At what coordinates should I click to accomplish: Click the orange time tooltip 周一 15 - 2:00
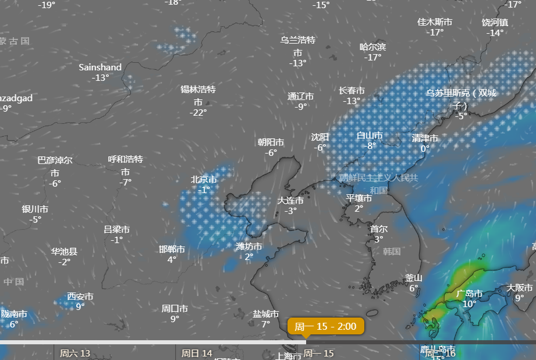click(x=325, y=326)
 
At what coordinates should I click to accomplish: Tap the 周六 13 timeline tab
click(x=75, y=353)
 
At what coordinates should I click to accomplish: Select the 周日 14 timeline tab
click(x=197, y=353)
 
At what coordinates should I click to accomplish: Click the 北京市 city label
click(x=204, y=180)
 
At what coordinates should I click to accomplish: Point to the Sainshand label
click(x=100, y=67)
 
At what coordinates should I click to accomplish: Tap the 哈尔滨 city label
click(x=372, y=47)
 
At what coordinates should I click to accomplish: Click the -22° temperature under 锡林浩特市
click(x=198, y=112)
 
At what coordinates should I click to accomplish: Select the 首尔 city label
click(x=378, y=229)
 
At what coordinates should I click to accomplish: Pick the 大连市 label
click(x=290, y=200)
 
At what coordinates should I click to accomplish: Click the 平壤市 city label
click(x=359, y=198)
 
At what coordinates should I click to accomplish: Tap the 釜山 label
click(x=414, y=277)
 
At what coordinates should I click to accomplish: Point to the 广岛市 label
click(x=469, y=293)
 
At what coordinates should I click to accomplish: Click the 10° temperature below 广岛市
click(x=469, y=304)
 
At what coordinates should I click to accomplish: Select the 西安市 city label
click(x=80, y=296)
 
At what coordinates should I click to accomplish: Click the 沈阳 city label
click(x=320, y=137)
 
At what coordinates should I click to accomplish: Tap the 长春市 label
click(x=352, y=90)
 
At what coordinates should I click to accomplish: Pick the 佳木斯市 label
click(x=435, y=22)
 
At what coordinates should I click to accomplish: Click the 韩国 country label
click(x=392, y=251)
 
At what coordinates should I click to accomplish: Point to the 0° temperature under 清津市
click(x=425, y=148)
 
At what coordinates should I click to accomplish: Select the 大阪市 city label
click(x=519, y=287)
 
